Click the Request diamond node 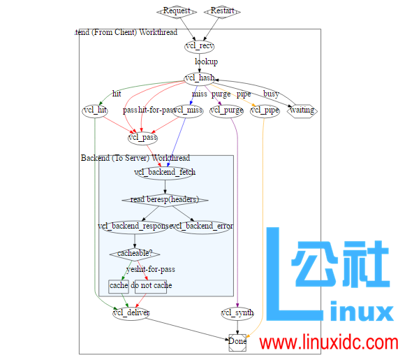pos(177,11)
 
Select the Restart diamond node pos(223,11)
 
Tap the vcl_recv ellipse pos(200,46)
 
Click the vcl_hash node pos(200,78)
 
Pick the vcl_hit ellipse pos(94,110)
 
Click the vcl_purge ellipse pos(227,110)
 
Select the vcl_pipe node pos(265,110)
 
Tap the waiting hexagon pos(302,110)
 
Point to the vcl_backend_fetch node pos(165,172)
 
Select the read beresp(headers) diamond pos(165,199)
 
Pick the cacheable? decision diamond pos(135,253)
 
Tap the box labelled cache pos(119,285)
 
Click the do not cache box pos(152,285)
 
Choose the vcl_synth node pos(237,312)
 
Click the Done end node pos(237,342)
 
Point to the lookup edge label pos(206,62)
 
